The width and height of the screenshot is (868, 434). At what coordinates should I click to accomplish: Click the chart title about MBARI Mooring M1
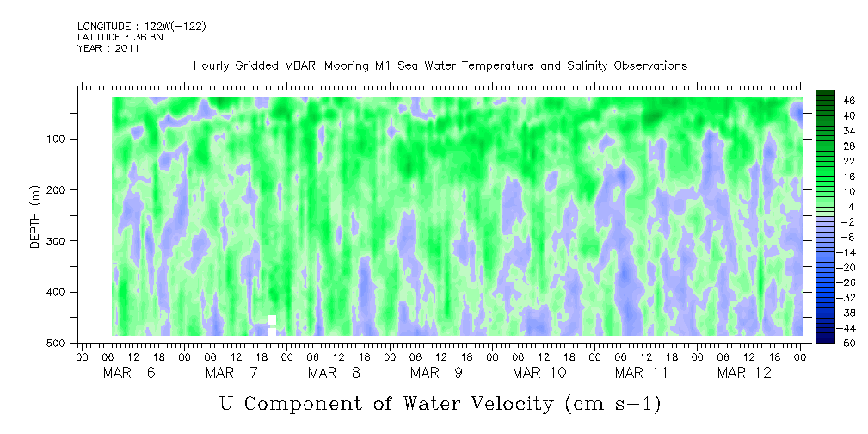point(440,65)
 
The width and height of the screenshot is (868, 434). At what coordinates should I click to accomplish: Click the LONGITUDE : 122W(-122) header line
point(141,27)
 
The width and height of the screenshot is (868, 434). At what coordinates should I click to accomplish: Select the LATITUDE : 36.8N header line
point(117,37)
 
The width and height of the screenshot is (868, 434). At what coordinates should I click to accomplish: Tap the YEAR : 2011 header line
point(108,48)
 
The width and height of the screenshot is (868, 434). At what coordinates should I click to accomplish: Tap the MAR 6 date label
point(129,373)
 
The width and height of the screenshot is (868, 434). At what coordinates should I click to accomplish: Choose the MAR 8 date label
point(334,373)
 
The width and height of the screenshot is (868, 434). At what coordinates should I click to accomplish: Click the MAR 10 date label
point(539,373)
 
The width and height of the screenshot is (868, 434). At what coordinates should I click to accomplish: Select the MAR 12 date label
point(744,373)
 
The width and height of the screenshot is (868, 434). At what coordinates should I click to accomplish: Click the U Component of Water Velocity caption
point(440,403)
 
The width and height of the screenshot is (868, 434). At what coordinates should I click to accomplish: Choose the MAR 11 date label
point(642,373)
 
